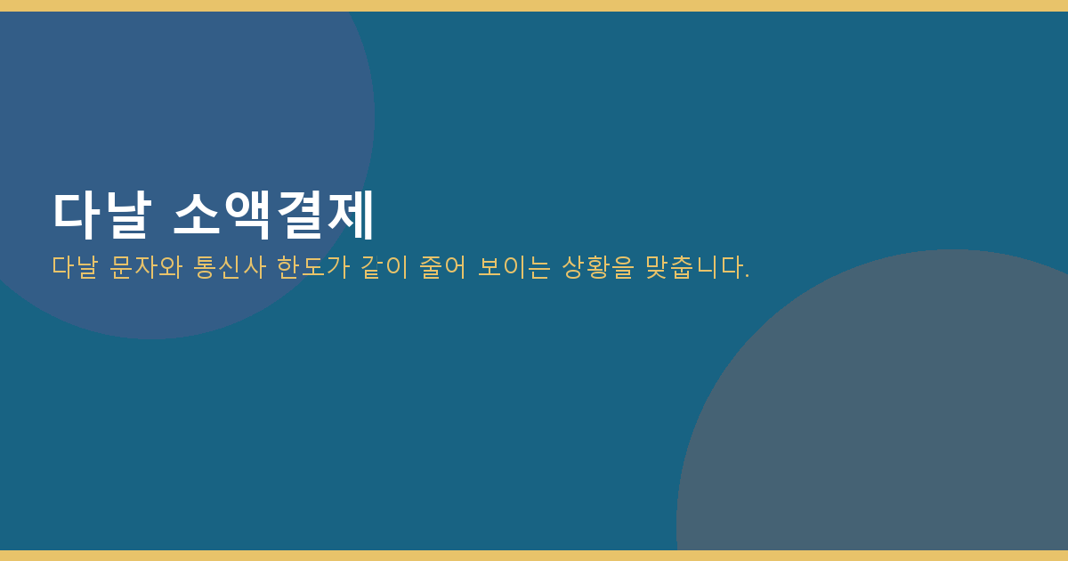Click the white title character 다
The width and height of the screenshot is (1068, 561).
[x=77, y=215]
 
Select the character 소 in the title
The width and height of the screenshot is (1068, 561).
[x=197, y=215]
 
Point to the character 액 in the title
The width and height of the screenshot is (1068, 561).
[x=248, y=215]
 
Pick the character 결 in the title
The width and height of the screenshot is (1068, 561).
[x=299, y=215]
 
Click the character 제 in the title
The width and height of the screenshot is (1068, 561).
[x=350, y=215]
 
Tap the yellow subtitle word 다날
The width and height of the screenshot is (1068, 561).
[x=75, y=266]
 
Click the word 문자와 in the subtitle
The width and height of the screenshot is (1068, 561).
[x=146, y=266]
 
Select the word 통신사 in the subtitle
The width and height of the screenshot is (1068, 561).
[x=230, y=266]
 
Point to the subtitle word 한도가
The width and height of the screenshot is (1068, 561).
[x=313, y=266]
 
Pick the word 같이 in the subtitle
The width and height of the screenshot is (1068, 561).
[x=384, y=266]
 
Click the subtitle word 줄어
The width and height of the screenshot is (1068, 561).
[x=442, y=266]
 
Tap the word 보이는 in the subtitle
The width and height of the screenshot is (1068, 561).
[x=514, y=266]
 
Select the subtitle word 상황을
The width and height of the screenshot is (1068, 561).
[x=598, y=266]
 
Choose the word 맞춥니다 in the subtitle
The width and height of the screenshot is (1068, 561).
[x=693, y=266]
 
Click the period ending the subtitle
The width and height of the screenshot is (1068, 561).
[x=747, y=276]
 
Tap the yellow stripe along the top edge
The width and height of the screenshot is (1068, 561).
[x=534, y=5]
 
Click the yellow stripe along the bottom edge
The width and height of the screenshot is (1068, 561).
[x=534, y=556]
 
